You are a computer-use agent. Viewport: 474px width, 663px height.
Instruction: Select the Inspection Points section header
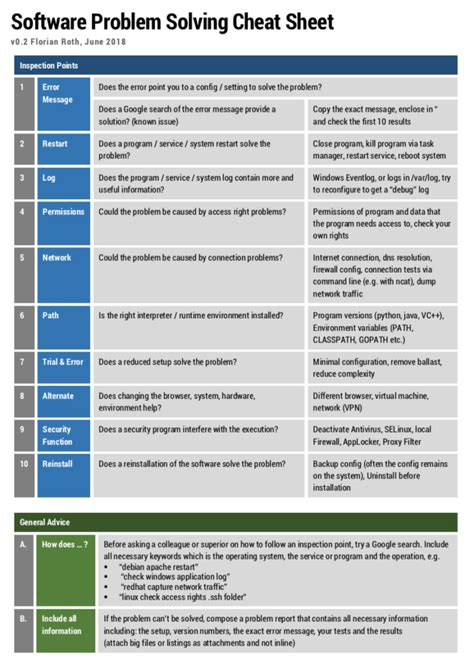(49, 65)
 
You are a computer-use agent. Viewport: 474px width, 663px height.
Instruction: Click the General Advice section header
(45, 522)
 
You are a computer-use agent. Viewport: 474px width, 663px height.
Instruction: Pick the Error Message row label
(57, 93)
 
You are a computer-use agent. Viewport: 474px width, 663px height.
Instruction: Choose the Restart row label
(55, 144)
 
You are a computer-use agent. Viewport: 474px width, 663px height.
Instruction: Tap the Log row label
(48, 177)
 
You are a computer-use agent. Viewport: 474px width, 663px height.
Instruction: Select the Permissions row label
(63, 212)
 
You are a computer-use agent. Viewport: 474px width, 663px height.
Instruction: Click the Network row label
(56, 258)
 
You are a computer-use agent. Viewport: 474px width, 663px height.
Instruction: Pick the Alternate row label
(58, 396)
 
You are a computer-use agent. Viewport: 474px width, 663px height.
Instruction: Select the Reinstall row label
(57, 465)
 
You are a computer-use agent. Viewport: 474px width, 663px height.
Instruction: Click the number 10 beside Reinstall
(23, 465)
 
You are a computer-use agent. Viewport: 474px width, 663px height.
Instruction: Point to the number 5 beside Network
(22, 258)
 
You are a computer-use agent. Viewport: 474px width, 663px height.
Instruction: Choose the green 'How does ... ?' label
(63, 545)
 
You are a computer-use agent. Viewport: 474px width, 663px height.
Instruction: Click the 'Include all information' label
(62, 626)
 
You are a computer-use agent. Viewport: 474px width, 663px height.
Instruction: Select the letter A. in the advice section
(23, 545)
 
